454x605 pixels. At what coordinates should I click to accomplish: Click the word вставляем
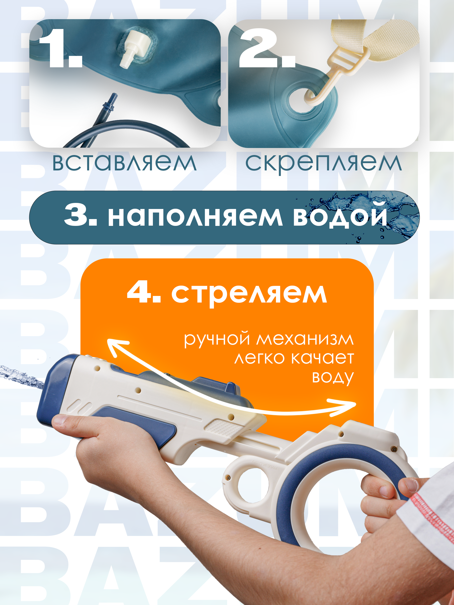(124, 163)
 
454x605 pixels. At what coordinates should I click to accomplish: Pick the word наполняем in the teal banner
(195, 217)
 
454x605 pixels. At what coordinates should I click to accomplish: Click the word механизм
(305, 339)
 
